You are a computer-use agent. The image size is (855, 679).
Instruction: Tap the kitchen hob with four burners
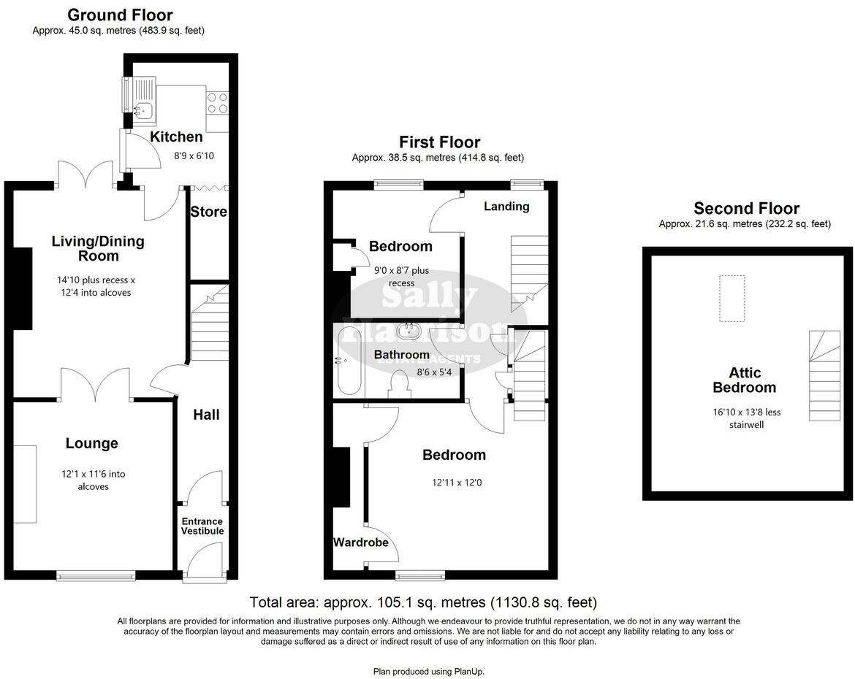[217, 102]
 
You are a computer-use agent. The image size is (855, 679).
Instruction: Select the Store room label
[208, 212]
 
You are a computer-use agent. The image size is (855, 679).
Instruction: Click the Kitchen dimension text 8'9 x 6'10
[194, 156]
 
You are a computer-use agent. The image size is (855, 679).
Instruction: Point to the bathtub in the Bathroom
[349, 361]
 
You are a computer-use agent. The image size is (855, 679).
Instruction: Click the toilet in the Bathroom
[399, 384]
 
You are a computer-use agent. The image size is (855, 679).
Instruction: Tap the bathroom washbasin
[408, 332]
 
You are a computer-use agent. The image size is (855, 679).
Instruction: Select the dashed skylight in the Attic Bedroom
[731, 298]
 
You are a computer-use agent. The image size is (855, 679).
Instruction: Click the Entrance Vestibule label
[202, 526]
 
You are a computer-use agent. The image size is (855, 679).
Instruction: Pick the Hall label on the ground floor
[206, 415]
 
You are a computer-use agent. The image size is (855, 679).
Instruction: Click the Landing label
[506, 207]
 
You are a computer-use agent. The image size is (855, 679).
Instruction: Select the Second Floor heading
[746, 209]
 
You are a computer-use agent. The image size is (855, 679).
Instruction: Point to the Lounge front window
[96, 575]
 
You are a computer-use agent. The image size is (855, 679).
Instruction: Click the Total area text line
[423, 603]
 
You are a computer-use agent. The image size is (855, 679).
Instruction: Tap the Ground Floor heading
[120, 15]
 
